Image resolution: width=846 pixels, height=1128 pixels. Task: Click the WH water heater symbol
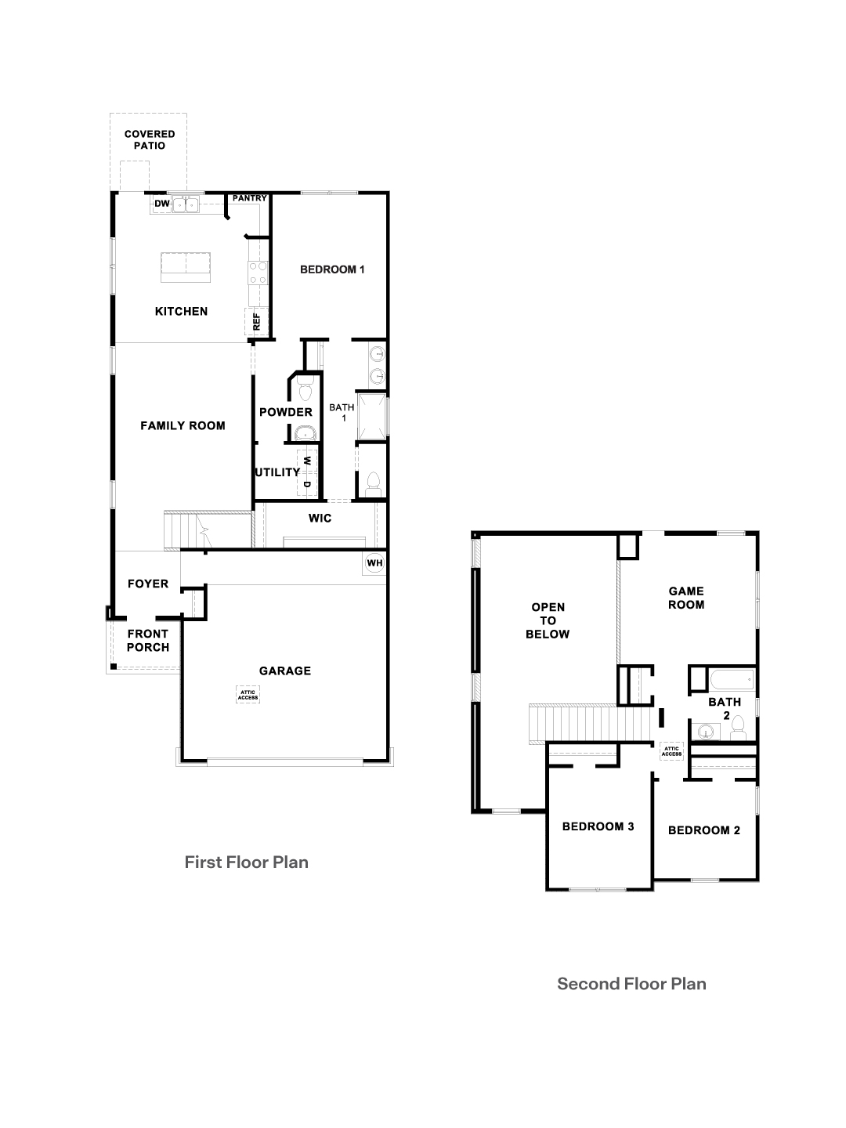coord(374,563)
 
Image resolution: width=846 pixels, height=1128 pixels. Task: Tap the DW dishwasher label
coord(162,204)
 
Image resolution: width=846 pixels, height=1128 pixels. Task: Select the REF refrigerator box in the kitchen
coord(257,322)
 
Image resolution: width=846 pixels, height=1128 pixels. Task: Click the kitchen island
coord(186,267)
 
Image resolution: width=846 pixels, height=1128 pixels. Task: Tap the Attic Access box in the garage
coord(248,694)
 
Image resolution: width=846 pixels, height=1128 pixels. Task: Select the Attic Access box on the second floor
coord(671,751)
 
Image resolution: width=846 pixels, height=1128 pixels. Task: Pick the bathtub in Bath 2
coord(732,678)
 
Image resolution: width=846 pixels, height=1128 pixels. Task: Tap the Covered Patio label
coord(150,139)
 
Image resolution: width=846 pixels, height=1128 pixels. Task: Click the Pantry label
coord(249,198)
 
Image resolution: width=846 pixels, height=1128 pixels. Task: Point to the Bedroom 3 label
coord(598,826)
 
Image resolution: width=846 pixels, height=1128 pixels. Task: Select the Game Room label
coord(685,598)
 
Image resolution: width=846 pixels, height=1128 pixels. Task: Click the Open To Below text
coord(548,620)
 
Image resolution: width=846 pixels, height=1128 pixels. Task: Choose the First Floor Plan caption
coord(246,862)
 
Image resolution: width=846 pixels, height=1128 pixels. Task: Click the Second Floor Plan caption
coord(631,984)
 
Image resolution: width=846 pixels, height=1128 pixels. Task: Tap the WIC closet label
coord(320,518)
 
